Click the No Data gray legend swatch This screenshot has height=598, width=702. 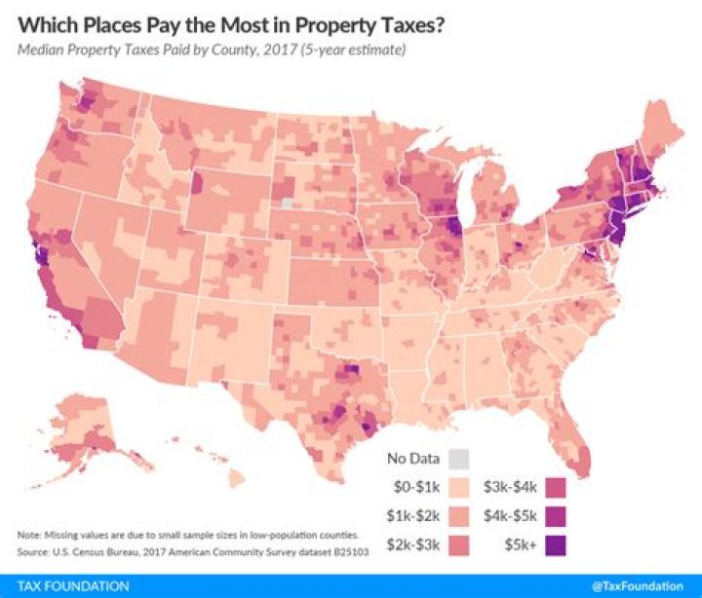tap(462, 458)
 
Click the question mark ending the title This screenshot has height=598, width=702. tap(442, 24)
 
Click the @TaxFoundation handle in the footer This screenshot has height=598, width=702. tap(638, 586)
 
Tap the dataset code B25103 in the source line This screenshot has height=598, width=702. tap(344, 552)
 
